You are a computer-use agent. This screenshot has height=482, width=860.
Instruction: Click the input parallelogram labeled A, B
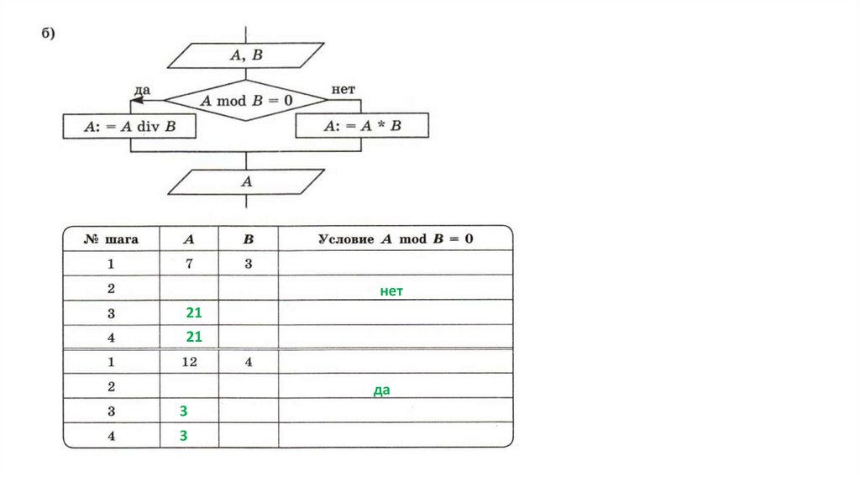(x=246, y=55)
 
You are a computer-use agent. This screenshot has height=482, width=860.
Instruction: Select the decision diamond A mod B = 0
(x=246, y=100)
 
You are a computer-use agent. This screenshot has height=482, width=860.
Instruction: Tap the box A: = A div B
(x=129, y=127)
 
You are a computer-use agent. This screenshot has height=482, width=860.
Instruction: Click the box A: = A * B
(x=362, y=127)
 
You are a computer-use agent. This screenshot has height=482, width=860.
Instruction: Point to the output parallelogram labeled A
(x=246, y=181)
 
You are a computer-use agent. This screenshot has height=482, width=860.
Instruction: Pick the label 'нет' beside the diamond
(x=343, y=88)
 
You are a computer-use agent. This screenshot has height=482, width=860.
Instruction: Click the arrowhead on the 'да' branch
(x=137, y=100)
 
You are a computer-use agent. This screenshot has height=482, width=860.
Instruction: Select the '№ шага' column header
(x=111, y=238)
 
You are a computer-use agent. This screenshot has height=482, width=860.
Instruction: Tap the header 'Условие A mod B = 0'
(x=395, y=238)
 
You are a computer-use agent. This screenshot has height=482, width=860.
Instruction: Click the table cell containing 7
(x=189, y=264)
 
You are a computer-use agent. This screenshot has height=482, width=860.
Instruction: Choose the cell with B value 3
(x=248, y=264)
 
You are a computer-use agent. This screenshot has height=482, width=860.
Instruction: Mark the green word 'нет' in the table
(x=391, y=291)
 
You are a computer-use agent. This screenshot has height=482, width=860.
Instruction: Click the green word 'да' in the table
(x=382, y=390)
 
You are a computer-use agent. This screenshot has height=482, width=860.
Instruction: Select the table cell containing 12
(x=189, y=363)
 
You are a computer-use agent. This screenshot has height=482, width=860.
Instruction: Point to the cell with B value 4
(x=248, y=363)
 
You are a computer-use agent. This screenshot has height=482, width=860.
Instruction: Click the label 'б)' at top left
(x=48, y=34)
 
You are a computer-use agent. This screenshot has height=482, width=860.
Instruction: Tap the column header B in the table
(x=248, y=238)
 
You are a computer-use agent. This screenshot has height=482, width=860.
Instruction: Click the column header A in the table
(x=189, y=238)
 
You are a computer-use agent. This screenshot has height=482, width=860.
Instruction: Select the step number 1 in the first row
(x=111, y=264)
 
